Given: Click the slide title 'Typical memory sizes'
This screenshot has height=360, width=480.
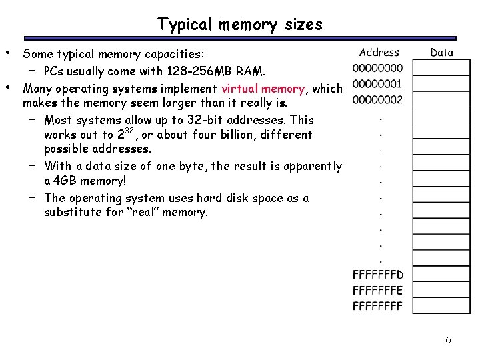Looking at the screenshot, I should pyautogui.click(x=240, y=25).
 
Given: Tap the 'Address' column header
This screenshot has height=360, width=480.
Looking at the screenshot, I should pyautogui.click(x=379, y=52).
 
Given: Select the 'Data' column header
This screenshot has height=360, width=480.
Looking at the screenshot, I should pyautogui.click(x=441, y=52).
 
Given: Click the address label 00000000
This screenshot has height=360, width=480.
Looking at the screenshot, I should pyautogui.click(x=377, y=68).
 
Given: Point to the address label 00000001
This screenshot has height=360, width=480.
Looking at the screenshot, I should pyautogui.click(x=377, y=84).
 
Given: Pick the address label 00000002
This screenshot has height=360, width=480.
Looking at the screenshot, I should pyautogui.click(x=377, y=100).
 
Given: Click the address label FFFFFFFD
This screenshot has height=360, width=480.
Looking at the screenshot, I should pyautogui.click(x=377, y=275).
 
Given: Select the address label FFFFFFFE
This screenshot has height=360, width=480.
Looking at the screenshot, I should pyautogui.click(x=377, y=291).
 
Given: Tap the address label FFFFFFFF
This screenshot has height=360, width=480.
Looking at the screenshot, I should pyautogui.click(x=377, y=306).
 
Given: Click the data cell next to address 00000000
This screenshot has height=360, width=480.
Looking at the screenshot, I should pyautogui.click(x=441, y=68).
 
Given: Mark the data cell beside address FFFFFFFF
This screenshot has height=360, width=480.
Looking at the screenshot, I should pyautogui.click(x=441, y=306).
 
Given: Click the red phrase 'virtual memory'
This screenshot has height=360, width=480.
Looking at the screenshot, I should pyautogui.click(x=263, y=89).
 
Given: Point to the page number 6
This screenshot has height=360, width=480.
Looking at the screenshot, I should pyautogui.click(x=448, y=340).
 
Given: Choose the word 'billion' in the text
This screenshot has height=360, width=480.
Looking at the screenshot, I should pyautogui.click(x=230, y=135).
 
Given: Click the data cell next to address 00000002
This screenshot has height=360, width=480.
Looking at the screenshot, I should pyautogui.click(x=441, y=100).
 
